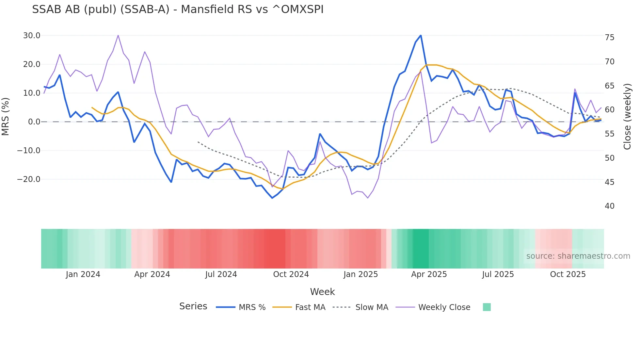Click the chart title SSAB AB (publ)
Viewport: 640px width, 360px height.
click(178, 9)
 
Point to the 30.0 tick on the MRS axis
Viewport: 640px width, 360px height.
click(32, 36)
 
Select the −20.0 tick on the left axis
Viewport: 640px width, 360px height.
click(29, 179)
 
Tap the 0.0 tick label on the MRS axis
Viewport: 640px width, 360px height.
click(34, 122)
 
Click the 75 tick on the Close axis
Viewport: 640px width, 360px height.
click(609, 38)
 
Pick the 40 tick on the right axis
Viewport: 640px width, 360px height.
click(609, 206)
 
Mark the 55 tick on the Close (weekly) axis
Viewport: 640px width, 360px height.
click(609, 134)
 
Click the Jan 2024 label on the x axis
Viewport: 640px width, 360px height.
click(83, 274)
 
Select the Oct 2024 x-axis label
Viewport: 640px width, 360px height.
click(291, 274)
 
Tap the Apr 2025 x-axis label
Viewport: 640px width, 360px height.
click(429, 274)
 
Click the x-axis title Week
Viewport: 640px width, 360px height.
click(322, 292)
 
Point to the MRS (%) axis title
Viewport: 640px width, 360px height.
click(6, 117)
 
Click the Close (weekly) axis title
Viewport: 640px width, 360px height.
click(627, 117)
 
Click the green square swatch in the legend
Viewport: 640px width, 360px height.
click(487, 307)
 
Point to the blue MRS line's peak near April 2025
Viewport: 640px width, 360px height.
click(421, 35)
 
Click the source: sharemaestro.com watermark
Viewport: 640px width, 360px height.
click(578, 256)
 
